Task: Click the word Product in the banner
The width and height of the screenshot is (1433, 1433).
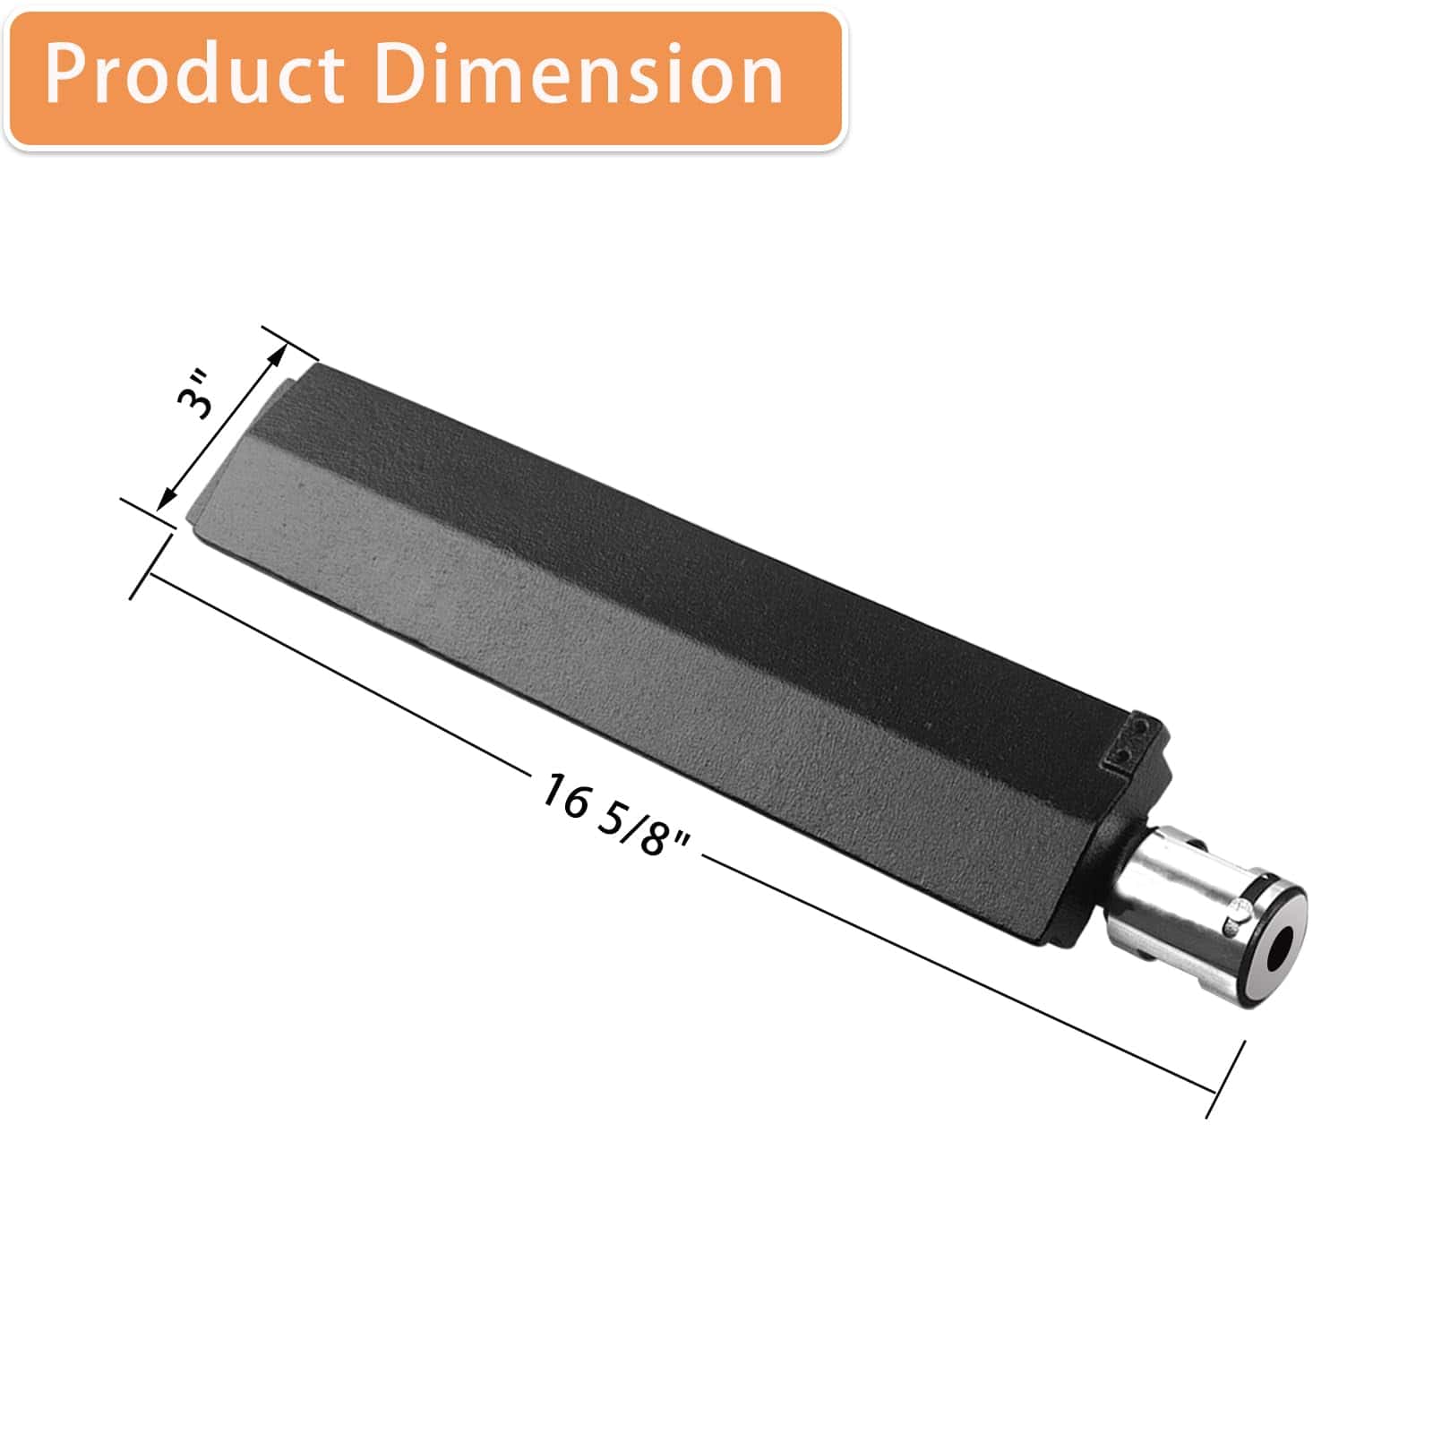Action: point(193,74)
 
